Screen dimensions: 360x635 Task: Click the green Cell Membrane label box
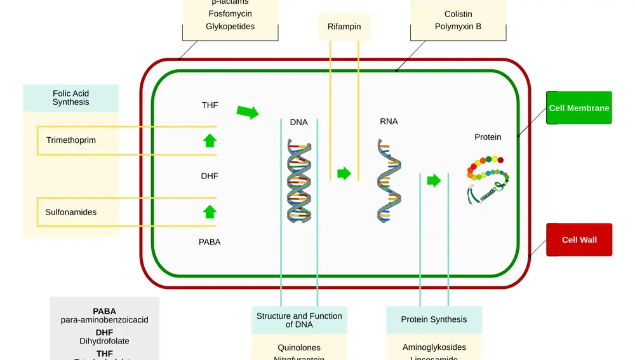578,108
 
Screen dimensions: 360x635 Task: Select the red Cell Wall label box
578,240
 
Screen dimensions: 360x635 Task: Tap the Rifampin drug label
344,27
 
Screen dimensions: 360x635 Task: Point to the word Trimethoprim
71,140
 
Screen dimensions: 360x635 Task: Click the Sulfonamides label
71,212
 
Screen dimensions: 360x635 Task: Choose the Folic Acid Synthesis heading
70,98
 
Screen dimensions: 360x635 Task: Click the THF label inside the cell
210,105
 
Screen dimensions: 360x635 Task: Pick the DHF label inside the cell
210,176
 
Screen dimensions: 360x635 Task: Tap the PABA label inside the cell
210,242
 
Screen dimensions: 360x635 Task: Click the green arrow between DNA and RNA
344,173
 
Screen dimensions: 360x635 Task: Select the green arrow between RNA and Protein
434,180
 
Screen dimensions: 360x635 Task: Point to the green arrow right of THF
248,112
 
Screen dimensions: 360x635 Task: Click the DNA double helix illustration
299,180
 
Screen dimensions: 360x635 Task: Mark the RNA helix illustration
389,181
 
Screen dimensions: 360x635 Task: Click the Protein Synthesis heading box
434,320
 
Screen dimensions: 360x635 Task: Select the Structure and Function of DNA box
299,320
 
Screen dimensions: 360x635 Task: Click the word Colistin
458,14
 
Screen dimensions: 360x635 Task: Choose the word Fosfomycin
230,13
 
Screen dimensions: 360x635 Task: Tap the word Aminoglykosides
434,347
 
